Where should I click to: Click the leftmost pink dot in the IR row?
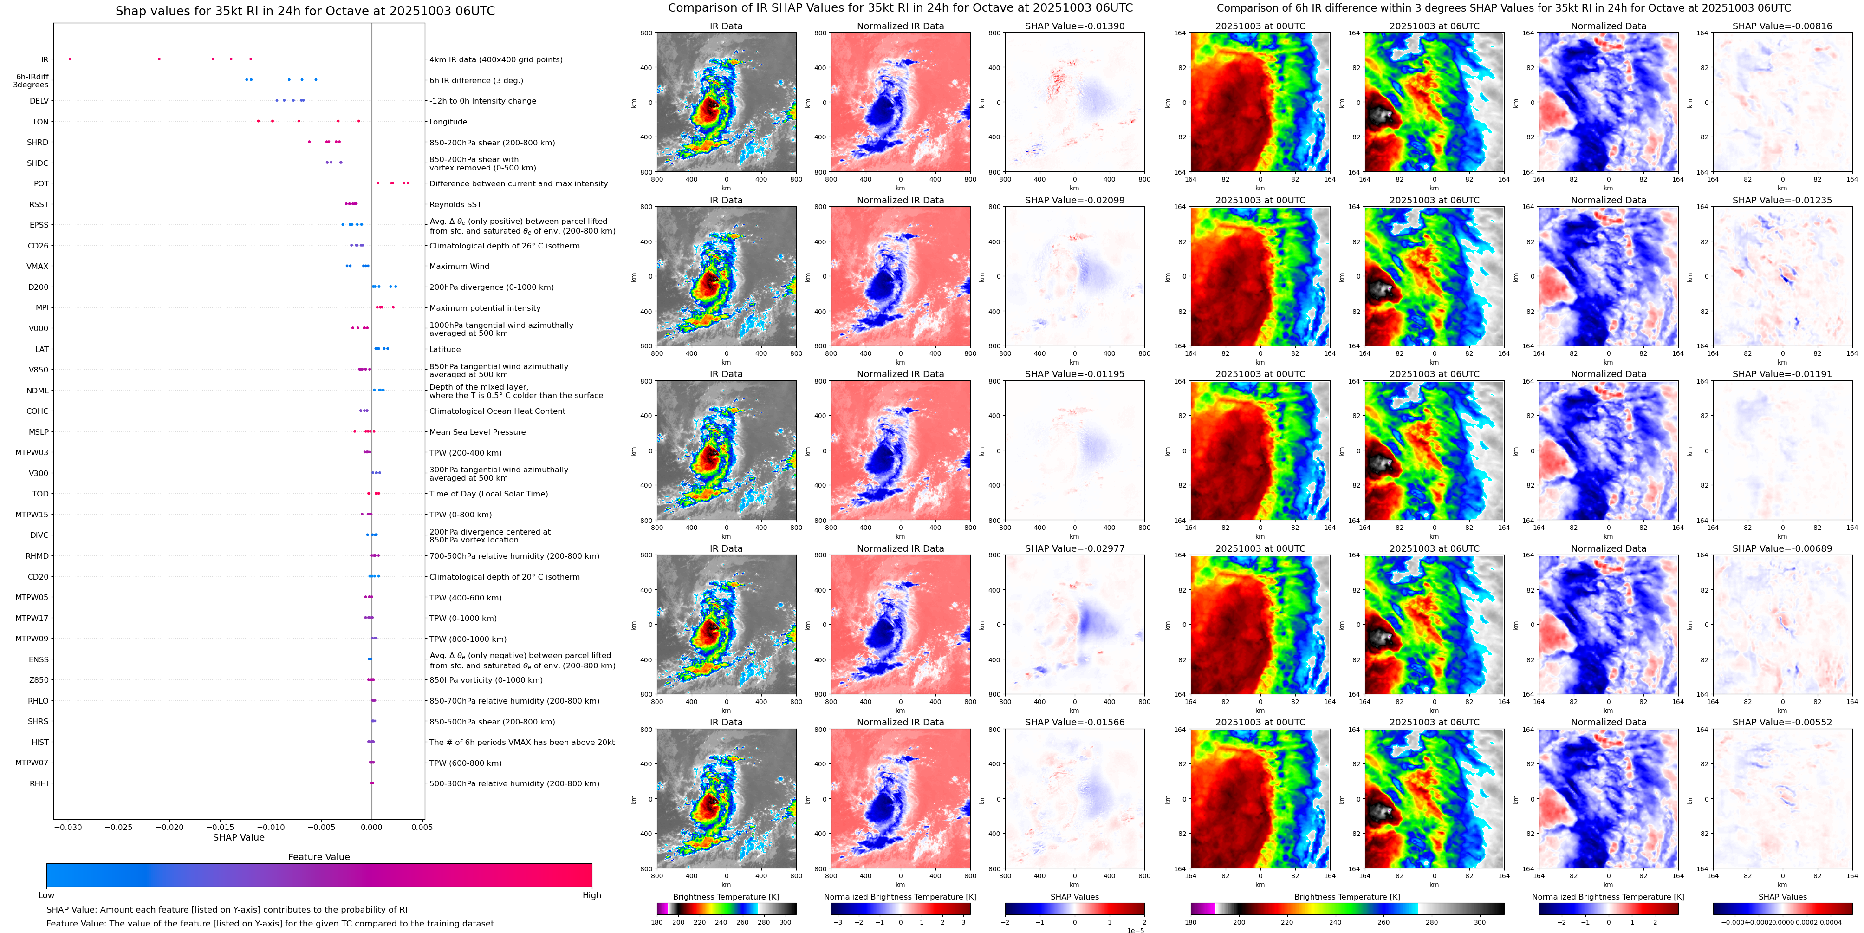click(x=70, y=59)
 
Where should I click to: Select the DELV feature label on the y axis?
click(x=39, y=101)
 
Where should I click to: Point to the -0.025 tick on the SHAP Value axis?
click(x=119, y=827)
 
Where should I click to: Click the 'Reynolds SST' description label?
click(x=455, y=205)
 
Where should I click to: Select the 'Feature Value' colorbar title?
click(x=318, y=857)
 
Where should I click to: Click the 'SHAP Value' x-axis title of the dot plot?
click(x=239, y=837)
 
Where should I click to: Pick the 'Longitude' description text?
click(x=448, y=122)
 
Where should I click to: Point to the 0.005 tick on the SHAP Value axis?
click(x=422, y=827)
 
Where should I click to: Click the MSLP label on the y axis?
click(x=39, y=432)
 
